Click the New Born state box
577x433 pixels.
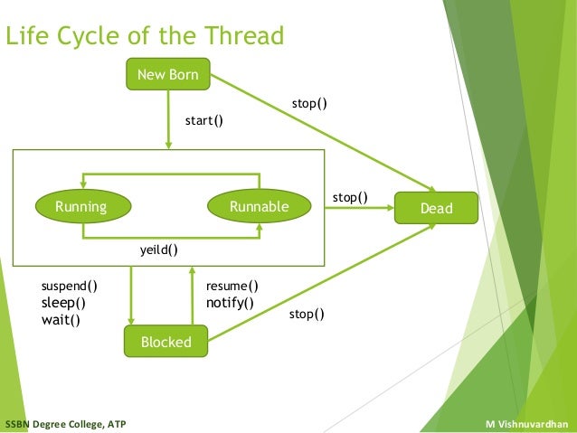coord(168,75)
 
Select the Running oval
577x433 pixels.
coord(80,207)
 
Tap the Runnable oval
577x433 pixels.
coord(259,207)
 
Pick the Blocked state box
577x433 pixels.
coord(166,342)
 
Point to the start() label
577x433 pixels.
coord(203,119)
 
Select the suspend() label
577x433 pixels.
coord(70,287)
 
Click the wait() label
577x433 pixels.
coord(60,320)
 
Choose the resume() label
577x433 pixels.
coord(232,287)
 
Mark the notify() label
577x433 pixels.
coord(230,303)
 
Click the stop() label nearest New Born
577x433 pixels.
coord(308,104)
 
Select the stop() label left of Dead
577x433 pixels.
coord(350,196)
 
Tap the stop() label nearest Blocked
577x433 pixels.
coord(307,315)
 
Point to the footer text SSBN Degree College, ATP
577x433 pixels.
coord(66,424)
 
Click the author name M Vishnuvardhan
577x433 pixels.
coord(526,424)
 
